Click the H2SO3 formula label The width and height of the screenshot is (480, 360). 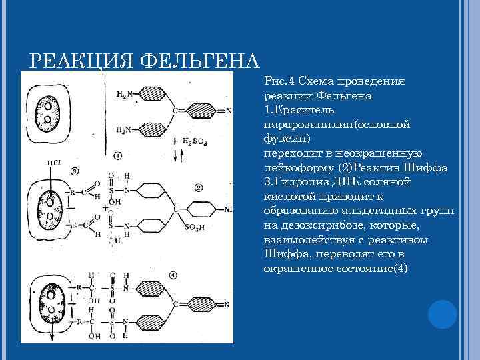(x=199, y=141)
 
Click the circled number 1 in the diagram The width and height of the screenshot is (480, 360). (x=117, y=157)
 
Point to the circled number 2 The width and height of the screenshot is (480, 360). (x=199, y=187)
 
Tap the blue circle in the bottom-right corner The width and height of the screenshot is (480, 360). (x=442, y=313)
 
